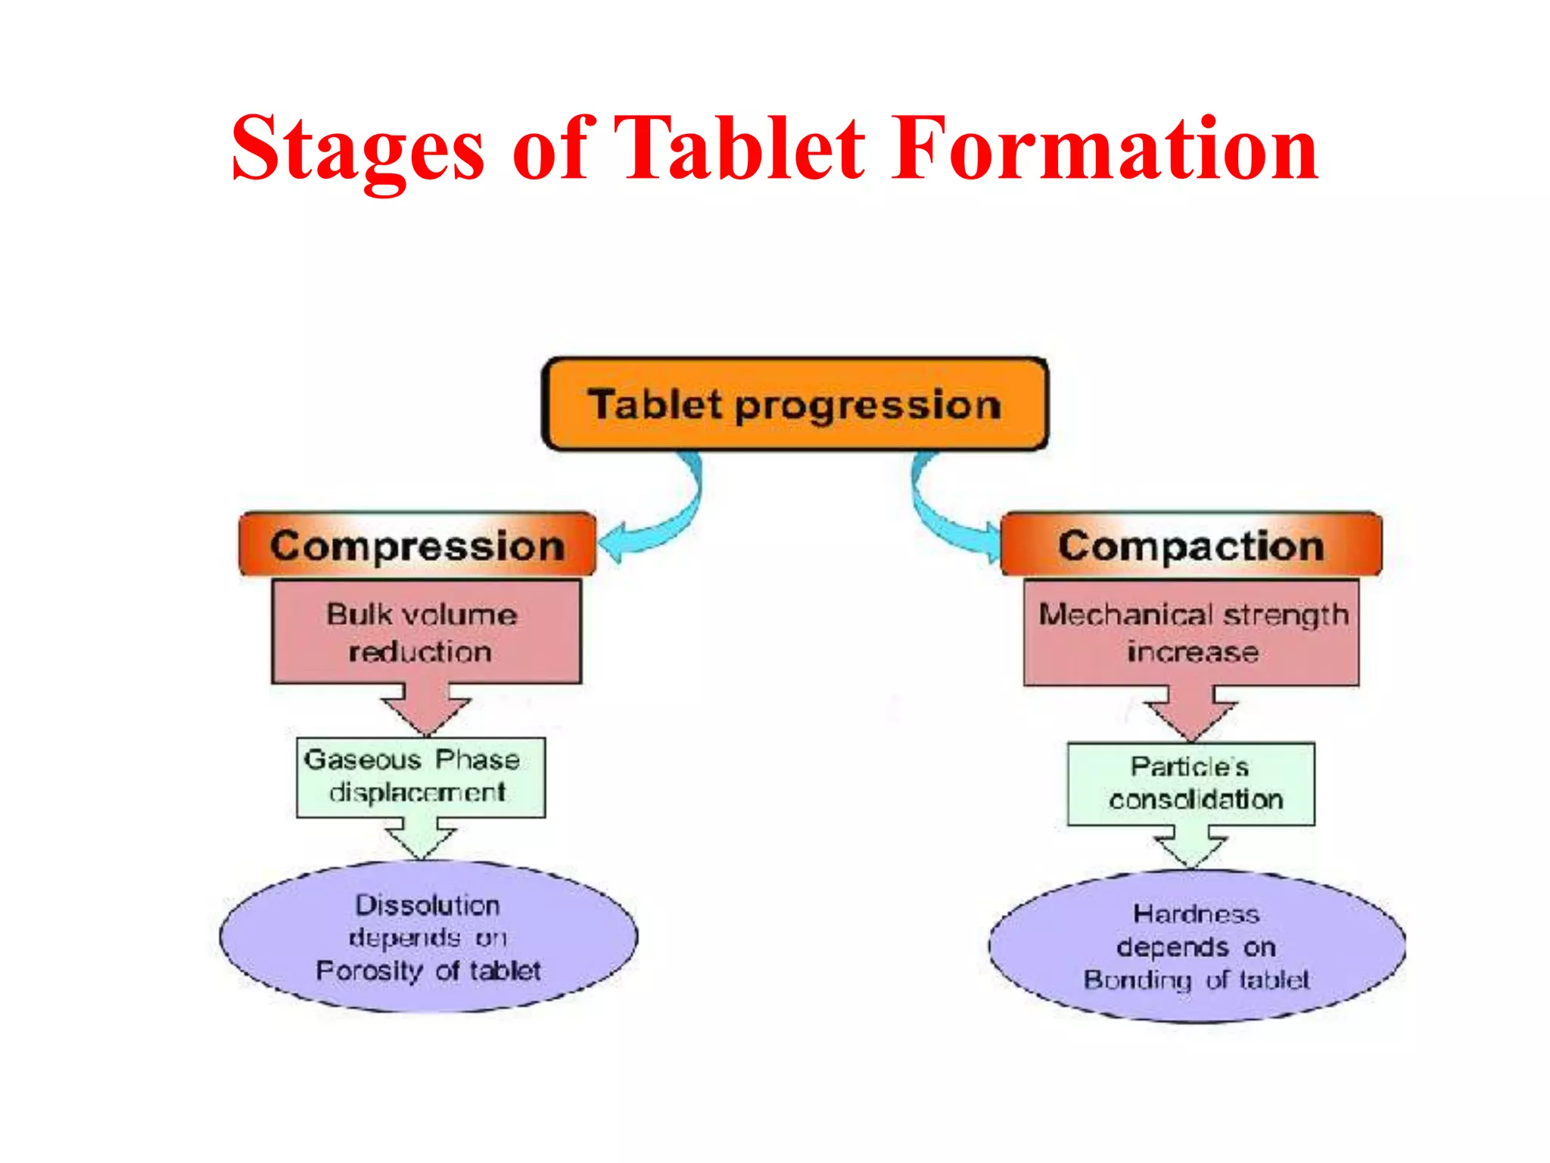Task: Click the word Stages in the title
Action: pyautogui.click(x=357, y=149)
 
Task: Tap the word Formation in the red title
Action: pyautogui.click(x=1105, y=149)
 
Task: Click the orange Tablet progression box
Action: pyautogui.click(x=795, y=404)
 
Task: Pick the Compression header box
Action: pyautogui.click(x=417, y=545)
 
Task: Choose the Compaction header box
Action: pyautogui.click(x=1191, y=545)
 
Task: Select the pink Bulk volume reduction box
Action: pyautogui.click(x=426, y=632)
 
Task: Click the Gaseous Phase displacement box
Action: pyautogui.click(x=420, y=778)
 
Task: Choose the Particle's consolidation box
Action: pyautogui.click(x=1191, y=784)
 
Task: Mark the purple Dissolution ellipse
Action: pyautogui.click(x=428, y=937)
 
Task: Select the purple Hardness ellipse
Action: pyautogui.click(x=1197, y=946)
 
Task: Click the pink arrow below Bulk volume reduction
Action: pyautogui.click(x=426, y=708)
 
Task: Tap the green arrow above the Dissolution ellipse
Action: pyautogui.click(x=421, y=837)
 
